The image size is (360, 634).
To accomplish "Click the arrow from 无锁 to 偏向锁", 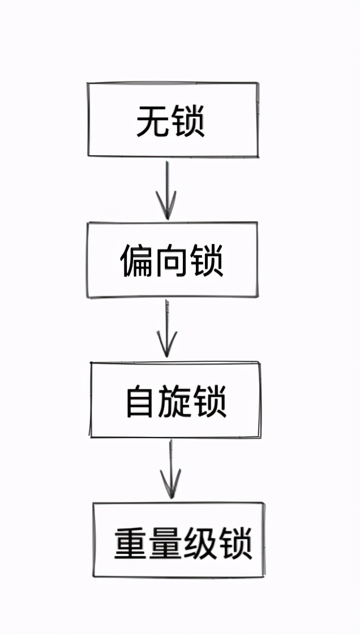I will coord(166,190).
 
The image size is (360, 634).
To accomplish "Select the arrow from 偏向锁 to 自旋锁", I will coord(166,328).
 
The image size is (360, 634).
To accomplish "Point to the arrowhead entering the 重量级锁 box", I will coord(170,487).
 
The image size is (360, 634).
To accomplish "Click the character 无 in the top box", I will coord(153,121).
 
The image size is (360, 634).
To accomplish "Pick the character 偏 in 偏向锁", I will coord(137,261).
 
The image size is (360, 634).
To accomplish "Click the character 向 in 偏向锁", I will coord(172,261).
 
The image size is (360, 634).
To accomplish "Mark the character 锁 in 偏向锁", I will coord(206,261).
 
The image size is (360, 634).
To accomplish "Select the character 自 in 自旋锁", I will coord(141,402).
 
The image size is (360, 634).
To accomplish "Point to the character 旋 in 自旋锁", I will coord(175,402).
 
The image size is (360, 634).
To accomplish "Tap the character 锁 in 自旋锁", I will coord(210,402).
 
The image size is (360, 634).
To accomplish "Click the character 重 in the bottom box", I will coord(131,543).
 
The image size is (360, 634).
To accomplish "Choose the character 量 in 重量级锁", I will coord(166,543).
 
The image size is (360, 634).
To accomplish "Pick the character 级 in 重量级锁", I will coord(200,543).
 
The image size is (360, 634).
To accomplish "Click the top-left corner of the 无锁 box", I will coord(88,84).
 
